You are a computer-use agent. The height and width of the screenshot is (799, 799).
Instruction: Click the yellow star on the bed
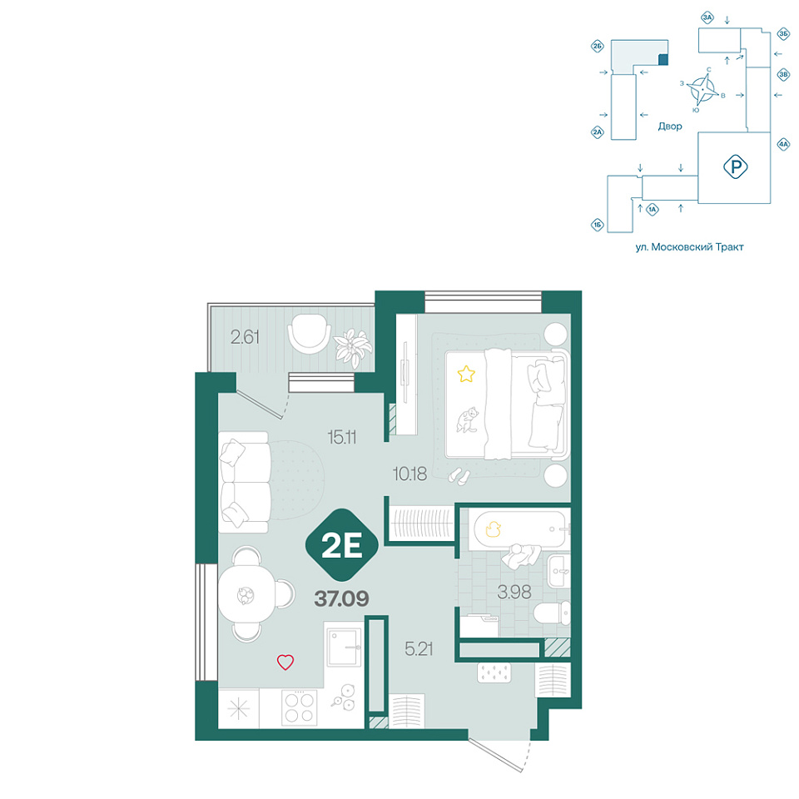[x=466, y=374]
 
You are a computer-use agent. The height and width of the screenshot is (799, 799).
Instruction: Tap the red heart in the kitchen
[x=285, y=662]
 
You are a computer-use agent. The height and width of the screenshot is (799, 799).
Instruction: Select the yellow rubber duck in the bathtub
[x=493, y=529]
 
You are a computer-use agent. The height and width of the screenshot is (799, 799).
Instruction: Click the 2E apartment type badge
[x=342, y=545]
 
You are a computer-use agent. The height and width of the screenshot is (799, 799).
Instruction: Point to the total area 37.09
[x=341, y=598]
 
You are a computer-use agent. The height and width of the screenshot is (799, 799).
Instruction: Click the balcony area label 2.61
[x=245, y=337]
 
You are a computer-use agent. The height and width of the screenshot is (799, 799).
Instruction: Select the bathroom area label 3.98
[x=514, y=592]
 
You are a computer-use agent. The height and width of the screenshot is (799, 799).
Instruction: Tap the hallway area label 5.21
[x=419, y=648]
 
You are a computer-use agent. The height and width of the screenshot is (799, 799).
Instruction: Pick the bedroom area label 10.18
[x=409, y=474]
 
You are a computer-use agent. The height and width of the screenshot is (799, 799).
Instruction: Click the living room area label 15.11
[x=342, y=437]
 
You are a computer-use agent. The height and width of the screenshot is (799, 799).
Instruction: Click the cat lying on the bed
[x=467, y=419]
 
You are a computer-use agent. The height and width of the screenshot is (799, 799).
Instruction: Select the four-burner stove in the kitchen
[x=299, y=707]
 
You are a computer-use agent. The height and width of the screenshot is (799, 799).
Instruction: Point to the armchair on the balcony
[x=309, y=333]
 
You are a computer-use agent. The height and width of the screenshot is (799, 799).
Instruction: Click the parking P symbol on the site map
[x=735, y=166]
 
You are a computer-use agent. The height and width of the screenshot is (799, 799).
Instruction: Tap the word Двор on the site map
[x=669, y=126]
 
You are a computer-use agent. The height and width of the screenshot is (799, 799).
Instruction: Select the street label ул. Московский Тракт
[x=689, y=247]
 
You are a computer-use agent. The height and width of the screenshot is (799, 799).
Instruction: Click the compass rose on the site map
[x=702, y=89]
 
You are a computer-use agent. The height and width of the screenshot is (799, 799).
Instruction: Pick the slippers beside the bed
[x=459, y=476]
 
